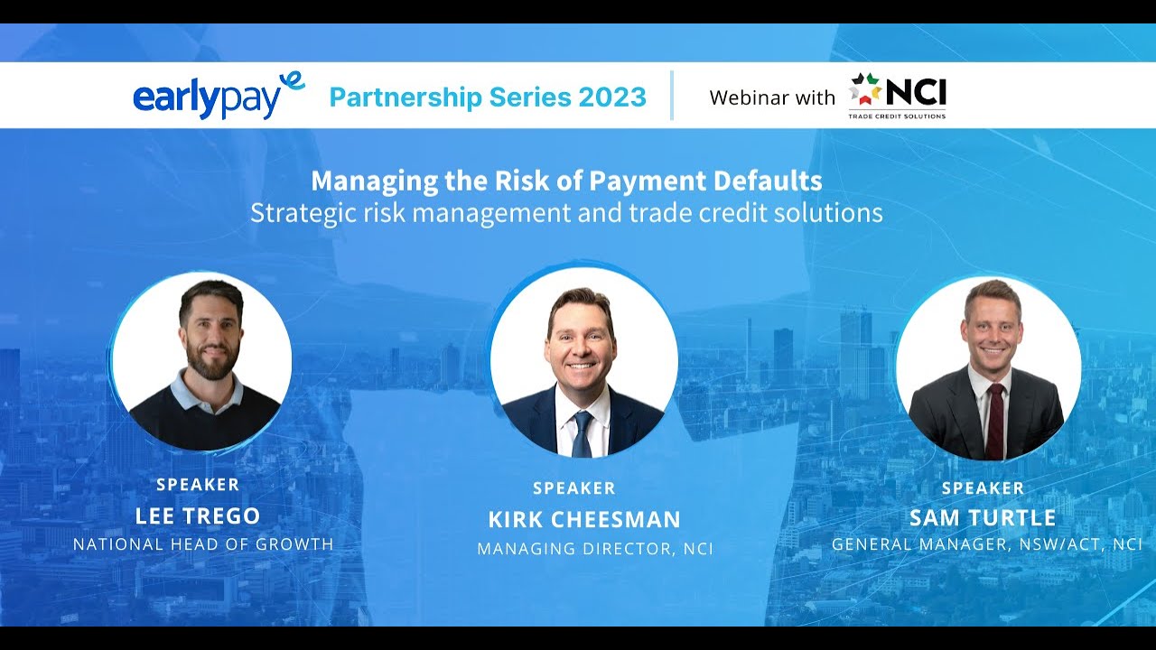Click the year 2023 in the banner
pyautogui.click(x=614, y=97)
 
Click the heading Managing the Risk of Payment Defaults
pyautogui.click(x=566, y=181)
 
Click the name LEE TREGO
pyautogui.click(x=198, y=515)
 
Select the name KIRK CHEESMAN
pyautogui.click(x=584, y=519)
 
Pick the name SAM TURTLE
pyautogui.click(x=983, y=518)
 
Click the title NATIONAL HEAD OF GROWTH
pyautogui.click(x=203, y=544)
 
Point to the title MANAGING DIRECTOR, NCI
pyautogui.click(x=595, y=548)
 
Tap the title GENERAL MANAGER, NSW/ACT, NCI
pyautogui.click(x=987, y=544)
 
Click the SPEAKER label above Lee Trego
pyautogui.click(x=198, y=485)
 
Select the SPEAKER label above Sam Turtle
pyautogui.click(x=983, y=488)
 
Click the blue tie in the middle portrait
pyautogui.click(x=583, y=434)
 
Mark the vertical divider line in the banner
pyautogui.click(x=672, y=96)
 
